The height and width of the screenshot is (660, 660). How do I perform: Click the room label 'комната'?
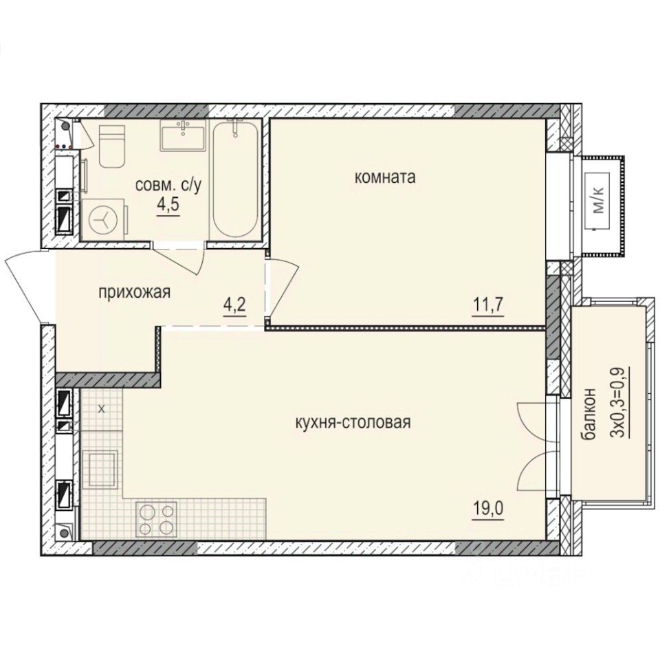tap(385, 177)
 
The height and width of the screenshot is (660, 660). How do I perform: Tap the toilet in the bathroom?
tap(111, 146)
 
